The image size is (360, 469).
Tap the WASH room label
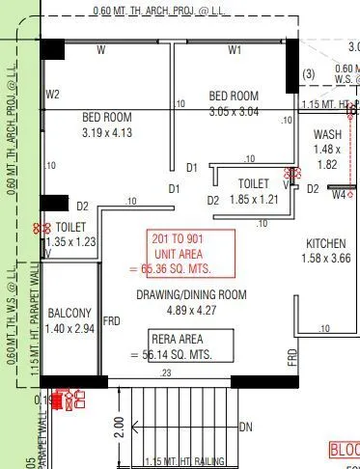pos(328,135)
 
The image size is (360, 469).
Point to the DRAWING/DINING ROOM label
pos(191,294)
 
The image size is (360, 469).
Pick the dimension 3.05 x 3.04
pos(234,111)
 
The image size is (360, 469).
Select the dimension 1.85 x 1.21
pos(254,199)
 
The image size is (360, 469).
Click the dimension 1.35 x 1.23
pos(69,242)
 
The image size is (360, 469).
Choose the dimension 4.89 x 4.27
pos(191,311)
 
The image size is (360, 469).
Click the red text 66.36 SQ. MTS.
pos(177,268)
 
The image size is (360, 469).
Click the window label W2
pos(52,94)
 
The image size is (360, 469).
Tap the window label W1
pos(235,48)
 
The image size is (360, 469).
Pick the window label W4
pos(339,195)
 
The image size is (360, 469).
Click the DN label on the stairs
pos(246,428)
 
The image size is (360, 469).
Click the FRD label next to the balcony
pos(112,320)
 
